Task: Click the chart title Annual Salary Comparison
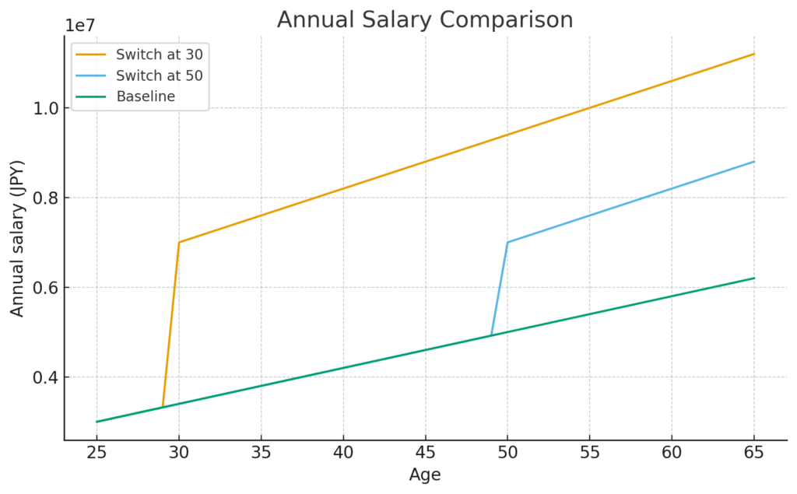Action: pyautogui.click(x=425, y=19)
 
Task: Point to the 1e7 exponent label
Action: pyautogui.click(x=80, y=25)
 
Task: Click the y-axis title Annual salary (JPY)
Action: pyautogui.click(x=17, y=238)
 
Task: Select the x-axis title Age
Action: pyautogui.click(x=425, y=474)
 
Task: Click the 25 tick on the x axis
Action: pyautogui.click(x=97, y=452)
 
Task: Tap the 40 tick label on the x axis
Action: pyautogui.click(x=343, y=452)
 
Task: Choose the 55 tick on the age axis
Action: pyautogui.click(x=589, y=452)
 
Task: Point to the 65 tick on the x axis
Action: pyautogui.click(x=753, y=452)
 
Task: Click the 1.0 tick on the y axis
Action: pyautogui.click(x=45, y=108)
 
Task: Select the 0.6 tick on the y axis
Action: pyautogui.click(x=45, y=288)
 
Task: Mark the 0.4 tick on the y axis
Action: pyautogui.click(x=45, y=377)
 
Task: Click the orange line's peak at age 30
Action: pyautogui.click(x=179, y=242)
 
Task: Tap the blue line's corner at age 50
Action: pyautogui.click(x=507, y=242)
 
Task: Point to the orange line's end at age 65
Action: pyautogui.click(x=753, y=54)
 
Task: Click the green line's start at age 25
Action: pyautogui.click(x=97, y=422)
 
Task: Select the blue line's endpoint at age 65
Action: pyautogui.click(x=753, y=162)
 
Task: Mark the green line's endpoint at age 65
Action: pyautogui.click(x=753, y=279)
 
